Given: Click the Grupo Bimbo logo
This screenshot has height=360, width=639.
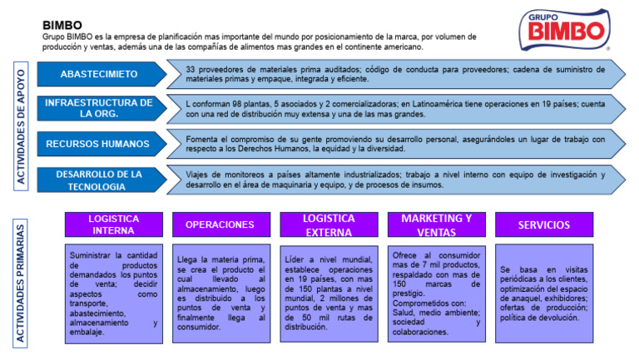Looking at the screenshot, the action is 565,30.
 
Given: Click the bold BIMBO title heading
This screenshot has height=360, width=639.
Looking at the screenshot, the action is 62,25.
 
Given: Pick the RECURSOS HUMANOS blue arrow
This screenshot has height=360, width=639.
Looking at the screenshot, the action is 102,144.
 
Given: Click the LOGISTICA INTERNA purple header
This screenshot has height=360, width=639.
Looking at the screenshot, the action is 114,224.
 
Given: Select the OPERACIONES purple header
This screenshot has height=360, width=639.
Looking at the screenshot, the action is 221,224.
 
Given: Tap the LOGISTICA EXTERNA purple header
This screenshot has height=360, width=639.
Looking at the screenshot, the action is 329,224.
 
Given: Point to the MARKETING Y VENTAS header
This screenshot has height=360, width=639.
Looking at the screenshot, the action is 437,224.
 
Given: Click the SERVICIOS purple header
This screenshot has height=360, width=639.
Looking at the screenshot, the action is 544,224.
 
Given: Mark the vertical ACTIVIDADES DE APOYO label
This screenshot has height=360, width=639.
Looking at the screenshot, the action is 21,126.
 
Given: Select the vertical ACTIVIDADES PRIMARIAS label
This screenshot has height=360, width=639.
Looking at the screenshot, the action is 20,284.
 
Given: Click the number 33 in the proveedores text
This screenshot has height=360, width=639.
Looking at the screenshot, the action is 191,70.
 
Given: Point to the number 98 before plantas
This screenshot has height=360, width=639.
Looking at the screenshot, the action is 237,104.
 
